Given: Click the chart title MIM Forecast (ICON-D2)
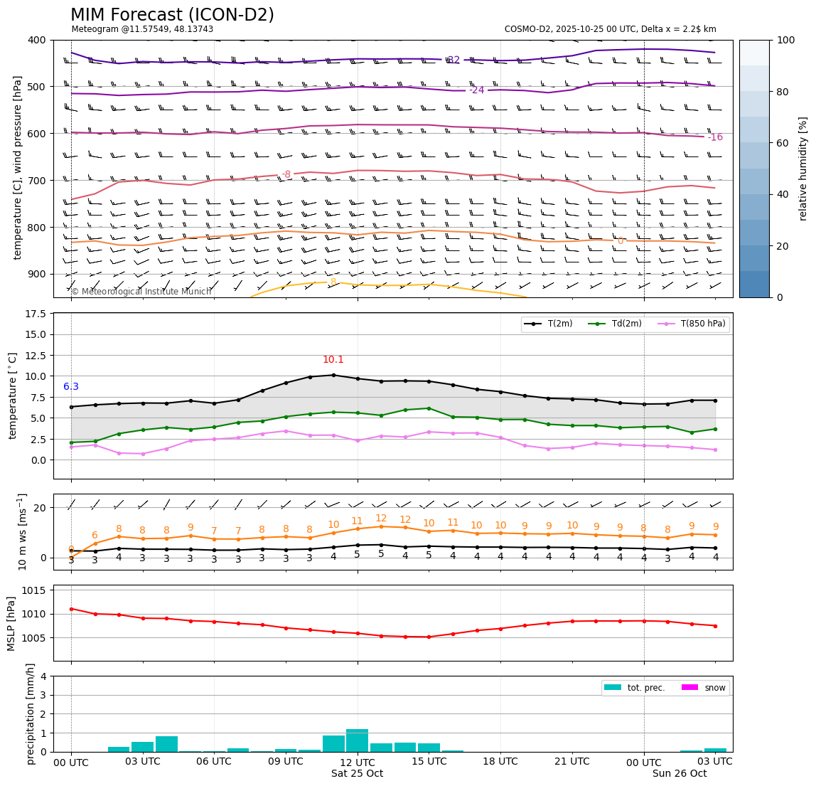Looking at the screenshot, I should click(x=172, y=15).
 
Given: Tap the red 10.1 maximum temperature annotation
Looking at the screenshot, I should click(x=333, y=360).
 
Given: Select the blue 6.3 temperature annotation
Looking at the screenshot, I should click(x=71, y=387).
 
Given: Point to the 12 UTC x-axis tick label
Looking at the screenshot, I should click(x=357, y=762).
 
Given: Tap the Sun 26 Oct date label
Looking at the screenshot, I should click(x=680, y=774).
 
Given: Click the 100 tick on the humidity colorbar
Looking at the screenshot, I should click(x=785, y=40).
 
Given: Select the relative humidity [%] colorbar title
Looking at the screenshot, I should click(x=804, y=169).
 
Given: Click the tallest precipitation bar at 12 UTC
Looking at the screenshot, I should click(x=357, y=740).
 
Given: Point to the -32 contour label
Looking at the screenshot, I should click(x=453, y=60).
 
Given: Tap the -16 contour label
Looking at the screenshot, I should click(x=714, y=137).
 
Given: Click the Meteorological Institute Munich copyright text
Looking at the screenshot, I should click(x=141, y=292).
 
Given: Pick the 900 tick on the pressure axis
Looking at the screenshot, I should click(x=36, y=274).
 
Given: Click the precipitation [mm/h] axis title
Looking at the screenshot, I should click(x=31, y=713).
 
